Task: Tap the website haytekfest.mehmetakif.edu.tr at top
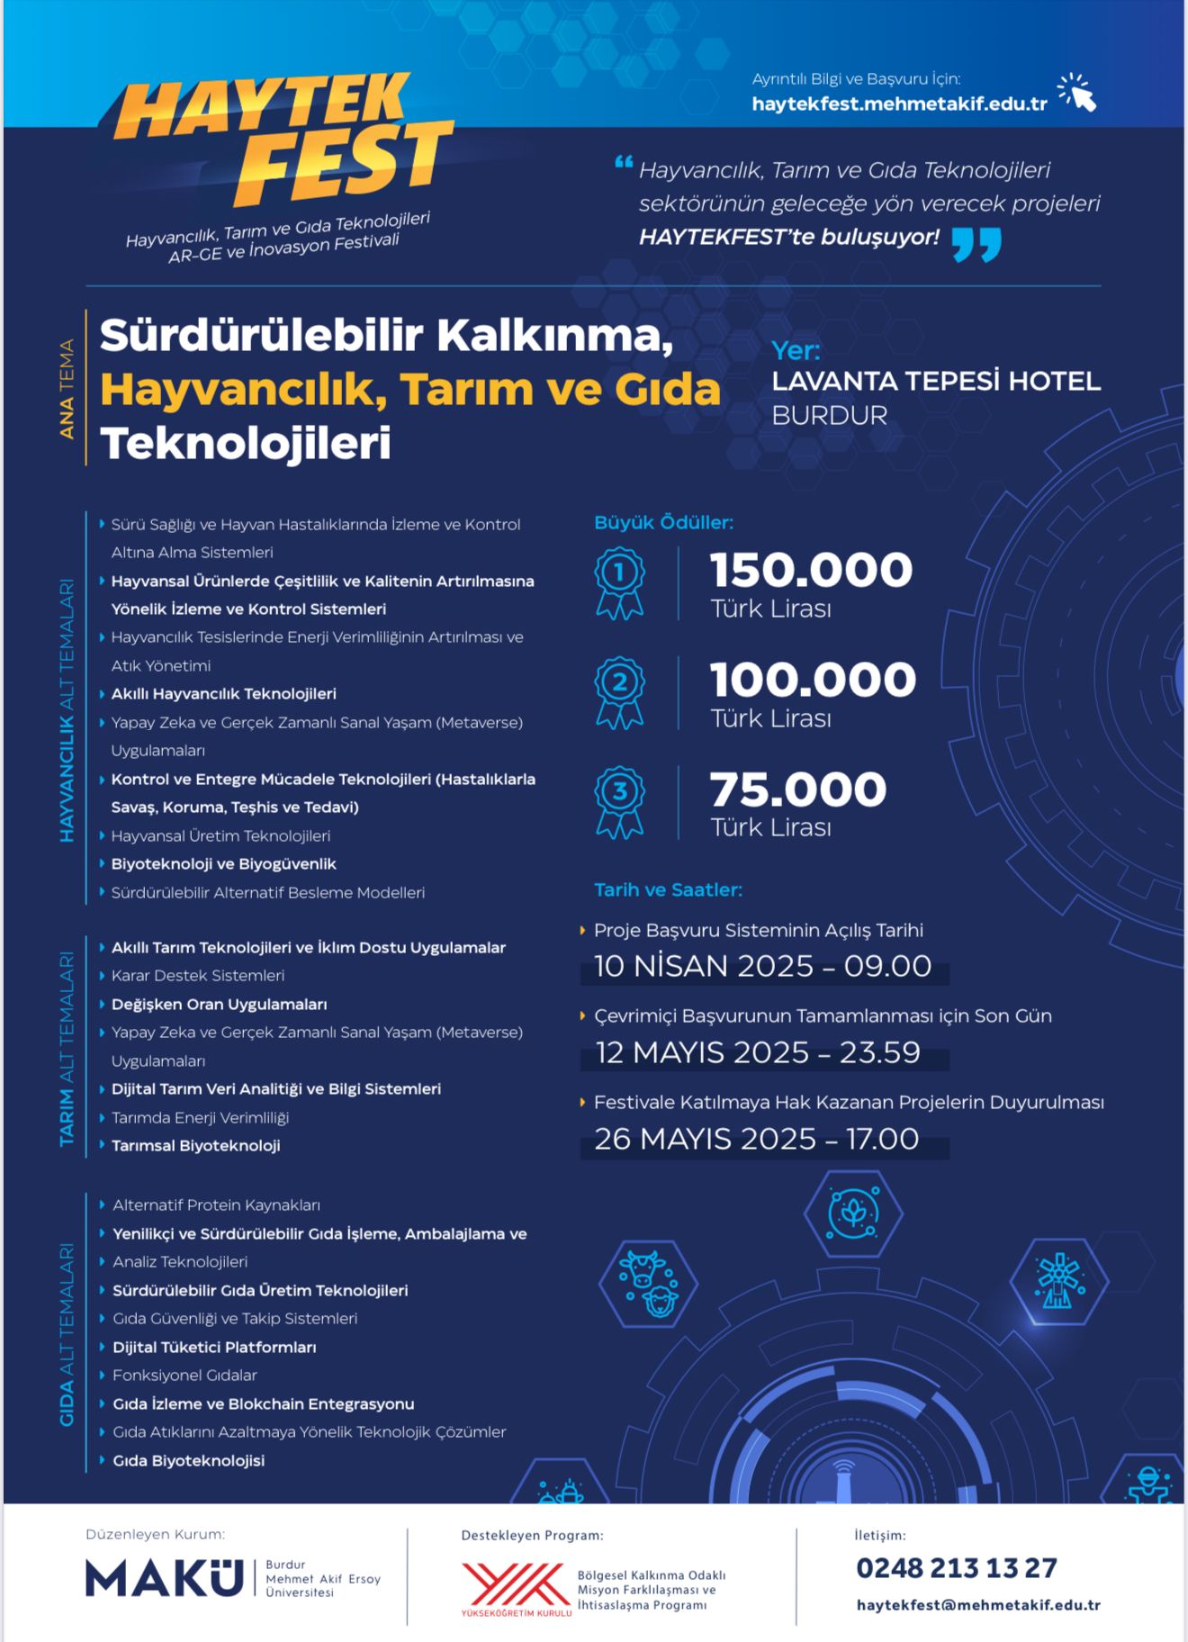[899, 104]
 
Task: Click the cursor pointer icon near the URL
[1077, 93]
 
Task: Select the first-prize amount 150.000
[811, 570]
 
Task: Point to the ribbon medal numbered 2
[619, 691]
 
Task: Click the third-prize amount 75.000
[797, 789]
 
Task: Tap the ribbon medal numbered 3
[619, 801]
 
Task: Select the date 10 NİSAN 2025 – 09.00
[762, 966]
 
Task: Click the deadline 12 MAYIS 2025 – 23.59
[758, 1052]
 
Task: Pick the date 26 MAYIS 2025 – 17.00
[756, 1139]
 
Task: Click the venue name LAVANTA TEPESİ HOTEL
[936, 381]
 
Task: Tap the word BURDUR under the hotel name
[829, 415]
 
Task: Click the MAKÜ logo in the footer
[165, 1578]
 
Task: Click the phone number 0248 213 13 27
[956, 1568]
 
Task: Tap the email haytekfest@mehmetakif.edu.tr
[978, 1604]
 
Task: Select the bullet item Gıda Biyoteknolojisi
[188, 1460]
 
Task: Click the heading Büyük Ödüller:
[663, 522]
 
